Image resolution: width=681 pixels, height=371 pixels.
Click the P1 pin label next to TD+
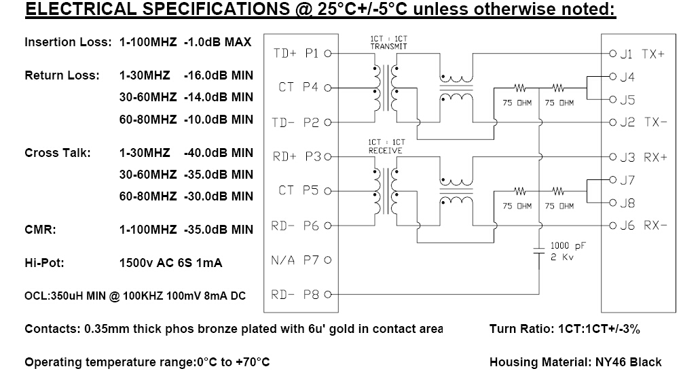[x=312, y=54]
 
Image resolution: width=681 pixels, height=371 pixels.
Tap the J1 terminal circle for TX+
[x=612, y=54]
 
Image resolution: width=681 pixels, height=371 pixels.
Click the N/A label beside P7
[x=282, y=260]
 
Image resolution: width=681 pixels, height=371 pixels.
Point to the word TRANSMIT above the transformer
[x=389, y=46]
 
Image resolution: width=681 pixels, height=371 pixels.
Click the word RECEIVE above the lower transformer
[x=385, y=150]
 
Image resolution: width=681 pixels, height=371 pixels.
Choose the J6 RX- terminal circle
[x=612, y=226]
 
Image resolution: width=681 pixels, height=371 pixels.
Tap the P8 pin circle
[x=328, y=294]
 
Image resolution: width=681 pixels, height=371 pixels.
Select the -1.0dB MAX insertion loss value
[x=217, y=42]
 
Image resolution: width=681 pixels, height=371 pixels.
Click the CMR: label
[x=40, y=230]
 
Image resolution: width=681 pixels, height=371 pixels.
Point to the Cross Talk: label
[x=58, y=153]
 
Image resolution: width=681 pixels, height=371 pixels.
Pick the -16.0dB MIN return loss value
[x=219, y=75]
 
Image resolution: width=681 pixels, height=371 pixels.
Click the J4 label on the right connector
[x=627, y=77]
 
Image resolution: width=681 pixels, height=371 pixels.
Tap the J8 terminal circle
[x=612, y=202]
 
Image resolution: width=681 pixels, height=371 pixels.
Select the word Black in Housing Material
[x=646, y=362]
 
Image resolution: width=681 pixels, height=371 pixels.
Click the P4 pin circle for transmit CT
[x=328, y=88]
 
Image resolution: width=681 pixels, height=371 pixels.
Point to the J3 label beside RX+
[x=627, y=157]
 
